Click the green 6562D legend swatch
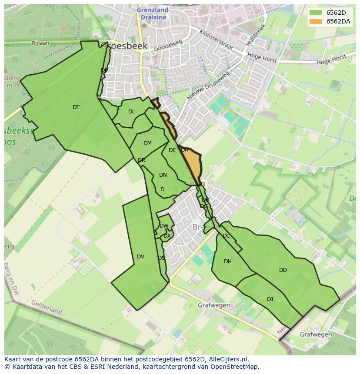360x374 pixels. [316, 13]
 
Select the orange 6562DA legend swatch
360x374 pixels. [316, 21]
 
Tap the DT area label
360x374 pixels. [76, 107]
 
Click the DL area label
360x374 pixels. [132, 112]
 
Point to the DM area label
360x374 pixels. [147, 143]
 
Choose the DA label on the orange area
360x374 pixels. [185, 150]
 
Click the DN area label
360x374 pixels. [163, 175]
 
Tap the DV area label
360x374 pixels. [140, 257]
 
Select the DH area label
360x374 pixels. [228, 261]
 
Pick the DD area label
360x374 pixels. [283, 270]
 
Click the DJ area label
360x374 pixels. [270, 299]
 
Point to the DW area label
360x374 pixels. [164, 226]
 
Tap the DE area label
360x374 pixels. [172, 150]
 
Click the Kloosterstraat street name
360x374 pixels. [216, 40]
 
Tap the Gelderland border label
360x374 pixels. [47, 307]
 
